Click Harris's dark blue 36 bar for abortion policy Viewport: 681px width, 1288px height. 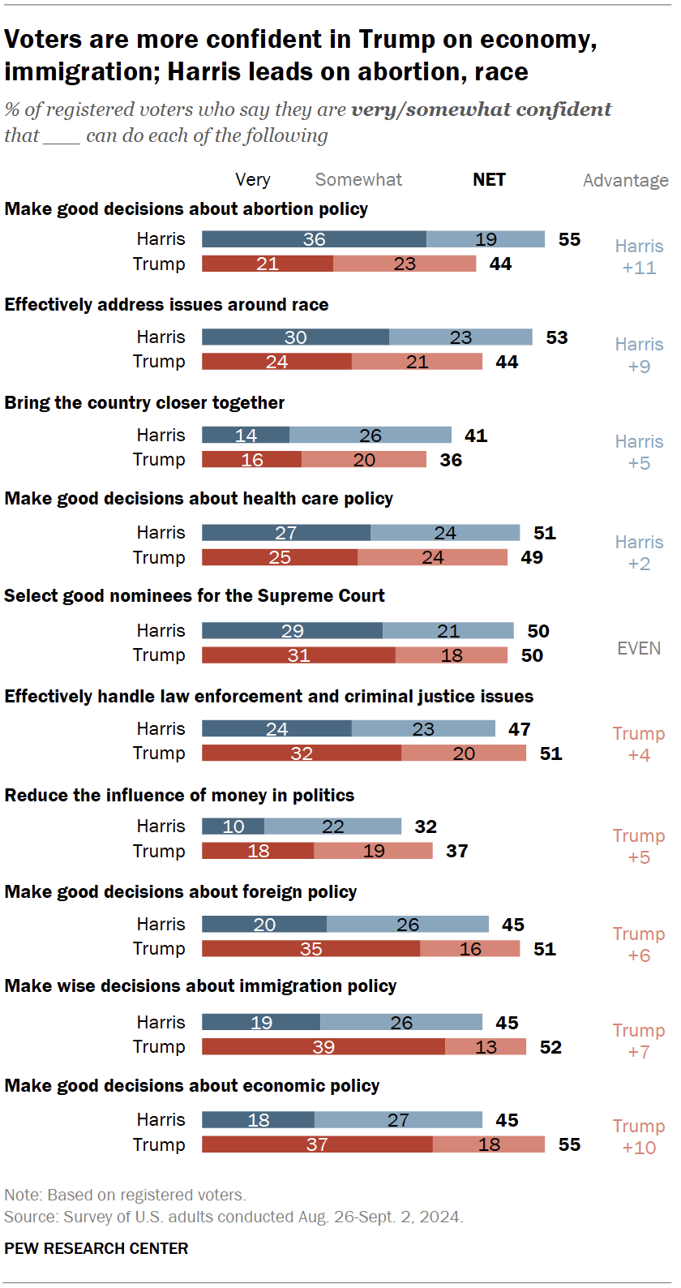click(314, 239)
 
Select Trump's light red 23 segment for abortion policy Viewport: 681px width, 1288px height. click(404, 264)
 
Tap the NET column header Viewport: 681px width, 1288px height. click(489, 180)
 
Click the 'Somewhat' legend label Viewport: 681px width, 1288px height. click(358, 180)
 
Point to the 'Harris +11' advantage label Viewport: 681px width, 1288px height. click(639, 257)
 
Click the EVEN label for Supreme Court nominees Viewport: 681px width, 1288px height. click(639, 648)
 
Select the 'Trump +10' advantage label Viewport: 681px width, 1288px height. click(639, 1136)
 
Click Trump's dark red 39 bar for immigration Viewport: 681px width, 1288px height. click(323, 1047)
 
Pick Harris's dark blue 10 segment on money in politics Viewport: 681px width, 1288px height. click(233, 826)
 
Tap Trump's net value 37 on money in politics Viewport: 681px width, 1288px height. click(456, 851)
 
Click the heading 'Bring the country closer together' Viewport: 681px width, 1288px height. click(144, 403)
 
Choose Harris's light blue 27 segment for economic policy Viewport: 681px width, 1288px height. click(397, 1120)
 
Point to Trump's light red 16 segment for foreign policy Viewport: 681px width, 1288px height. click(469, 949)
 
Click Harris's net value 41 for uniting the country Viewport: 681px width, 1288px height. click(476, 436)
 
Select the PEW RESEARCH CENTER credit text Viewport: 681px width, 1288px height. click(96, 1248)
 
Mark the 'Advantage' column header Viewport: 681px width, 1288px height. click(625, 180)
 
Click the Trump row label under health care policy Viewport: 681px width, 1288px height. click(159, 557)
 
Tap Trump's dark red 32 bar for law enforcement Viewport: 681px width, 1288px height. click(301, 753)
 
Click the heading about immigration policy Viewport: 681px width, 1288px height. click(200, 986)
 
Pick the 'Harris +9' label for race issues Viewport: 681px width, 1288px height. click(639, 355)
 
